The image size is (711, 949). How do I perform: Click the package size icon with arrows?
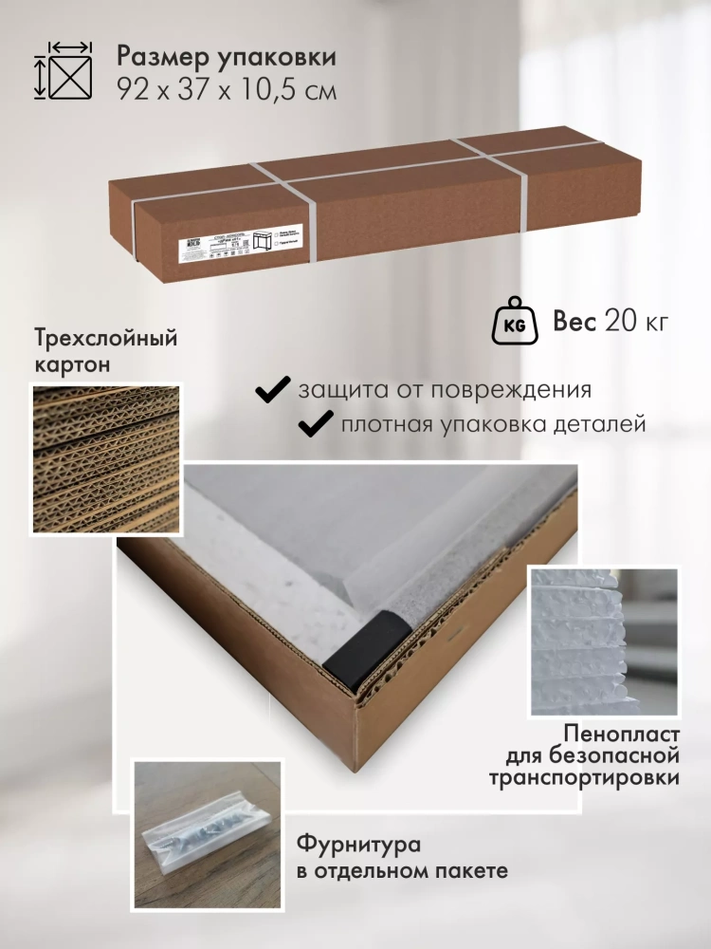click(65, 71)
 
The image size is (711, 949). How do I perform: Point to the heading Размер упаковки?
click(228, 57)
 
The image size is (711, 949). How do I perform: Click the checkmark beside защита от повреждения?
click(274, 389)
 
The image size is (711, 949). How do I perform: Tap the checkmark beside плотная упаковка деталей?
click(316, 424)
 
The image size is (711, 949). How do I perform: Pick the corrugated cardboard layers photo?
click(105, 458)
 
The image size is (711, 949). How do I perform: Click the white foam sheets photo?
click(604, 641)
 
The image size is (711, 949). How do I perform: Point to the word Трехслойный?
click(105, 339)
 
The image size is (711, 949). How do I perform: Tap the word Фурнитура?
click(357, 844)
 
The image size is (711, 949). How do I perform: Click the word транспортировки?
click(585, 778)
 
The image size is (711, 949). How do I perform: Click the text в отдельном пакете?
click(402, 870)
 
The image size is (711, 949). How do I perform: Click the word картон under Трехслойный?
click(71, 364)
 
